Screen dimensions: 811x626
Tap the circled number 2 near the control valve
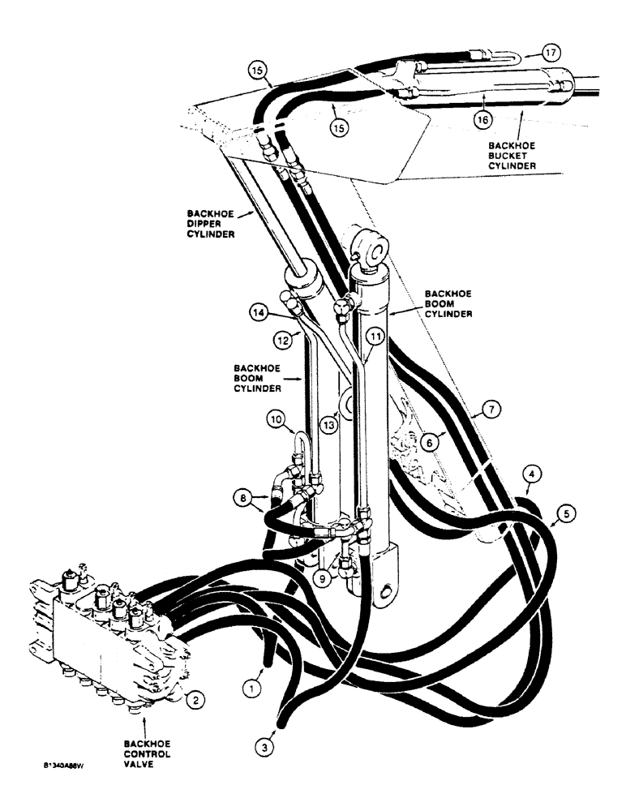(x=195, y=696)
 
